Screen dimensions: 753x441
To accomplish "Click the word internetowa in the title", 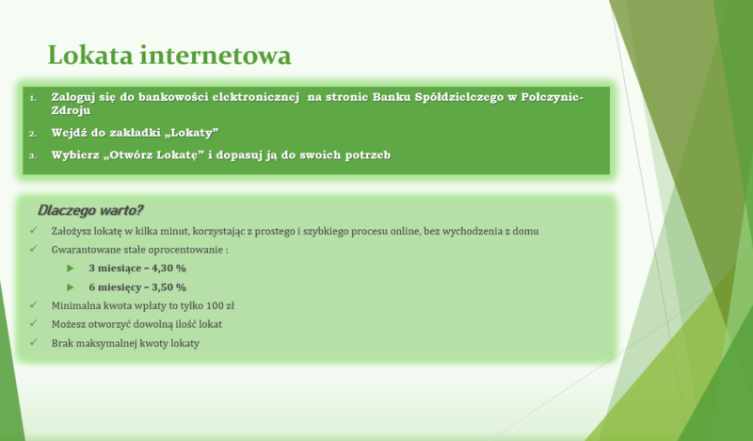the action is point(216,55).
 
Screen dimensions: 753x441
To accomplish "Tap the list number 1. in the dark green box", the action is point(33,99).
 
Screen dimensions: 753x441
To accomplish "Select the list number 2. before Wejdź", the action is point(33,134).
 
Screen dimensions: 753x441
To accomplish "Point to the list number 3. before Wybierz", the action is point(33,155).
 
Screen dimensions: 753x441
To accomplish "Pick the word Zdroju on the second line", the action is point(72,110).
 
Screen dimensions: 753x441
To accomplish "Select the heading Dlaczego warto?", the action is point(90,210).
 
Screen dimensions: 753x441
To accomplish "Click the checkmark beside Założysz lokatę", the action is point(33,230).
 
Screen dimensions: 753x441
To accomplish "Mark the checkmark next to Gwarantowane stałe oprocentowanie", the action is point(33,249).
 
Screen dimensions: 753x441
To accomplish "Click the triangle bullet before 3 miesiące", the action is point(71,269).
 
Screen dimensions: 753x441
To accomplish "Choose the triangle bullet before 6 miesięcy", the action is point(71,287).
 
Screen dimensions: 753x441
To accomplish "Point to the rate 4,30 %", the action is point(169,269).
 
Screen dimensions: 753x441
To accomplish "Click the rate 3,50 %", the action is point(169,287).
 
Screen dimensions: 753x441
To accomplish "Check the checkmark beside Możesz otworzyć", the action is point(33,323).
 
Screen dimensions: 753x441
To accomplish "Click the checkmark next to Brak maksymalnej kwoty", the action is point(33,342).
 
